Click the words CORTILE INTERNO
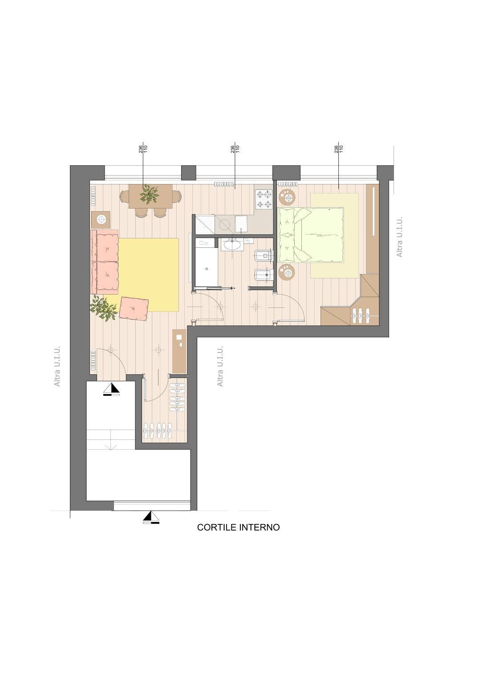(238, 527)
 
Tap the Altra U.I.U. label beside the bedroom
(399, 237)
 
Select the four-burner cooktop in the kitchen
(264, 199)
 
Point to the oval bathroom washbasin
(233, 244)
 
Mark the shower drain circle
(207, 269)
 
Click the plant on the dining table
(149, 194)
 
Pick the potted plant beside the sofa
(103, 308)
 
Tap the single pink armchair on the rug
(134, 309)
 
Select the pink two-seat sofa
(105, 262)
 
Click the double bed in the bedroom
(311, 235)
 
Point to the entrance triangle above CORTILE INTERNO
(151, 516)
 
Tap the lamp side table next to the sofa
(101, 219)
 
